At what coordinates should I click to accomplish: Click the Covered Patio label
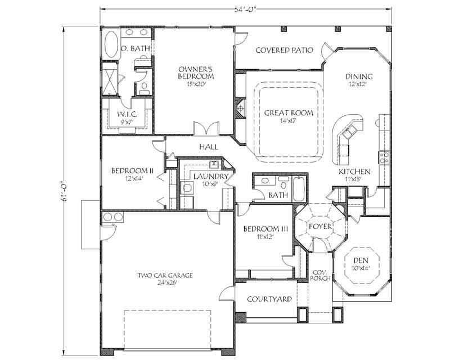(x=284, y=50)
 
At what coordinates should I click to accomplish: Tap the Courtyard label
(x=269, y=299)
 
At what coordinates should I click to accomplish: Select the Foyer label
(x=319, y=226)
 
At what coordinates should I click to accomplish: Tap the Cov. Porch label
(x=319, y=275)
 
